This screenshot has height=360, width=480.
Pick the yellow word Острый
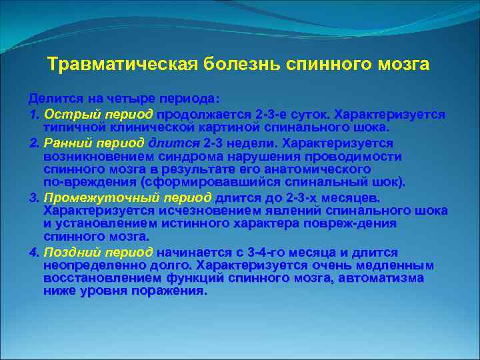tap(69, 114)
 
